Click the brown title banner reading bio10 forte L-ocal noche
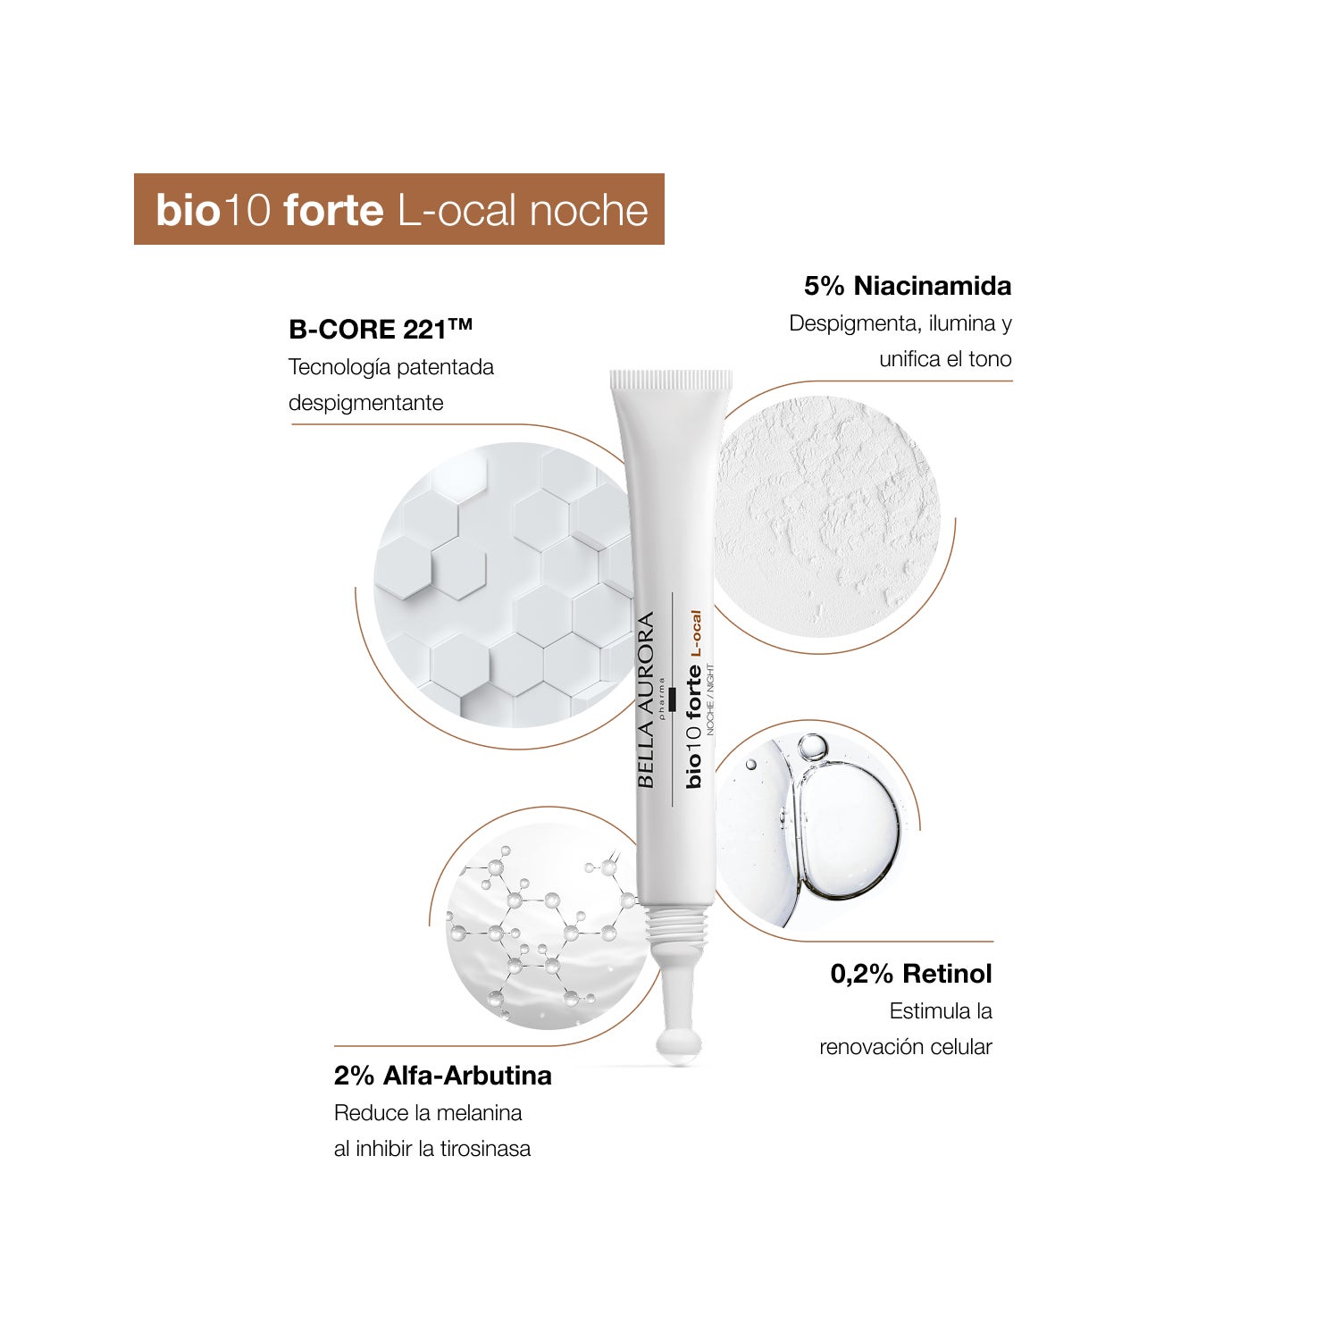click(x=399, y=209)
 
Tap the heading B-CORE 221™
click(x=381, y=330)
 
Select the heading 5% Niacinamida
click(x=908, y=286)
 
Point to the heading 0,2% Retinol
click(x=911, y=974)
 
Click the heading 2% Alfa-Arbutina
click(x=443, y=1076)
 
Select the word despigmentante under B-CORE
click(x=366, y=404)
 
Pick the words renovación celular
click(x=906, y=1047)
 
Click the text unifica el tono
click(x=945, y=359)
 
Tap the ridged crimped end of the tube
click(x=671, y=381)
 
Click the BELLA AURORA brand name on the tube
click(x=646, y=699)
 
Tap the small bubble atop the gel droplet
click(x=813, y=747)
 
